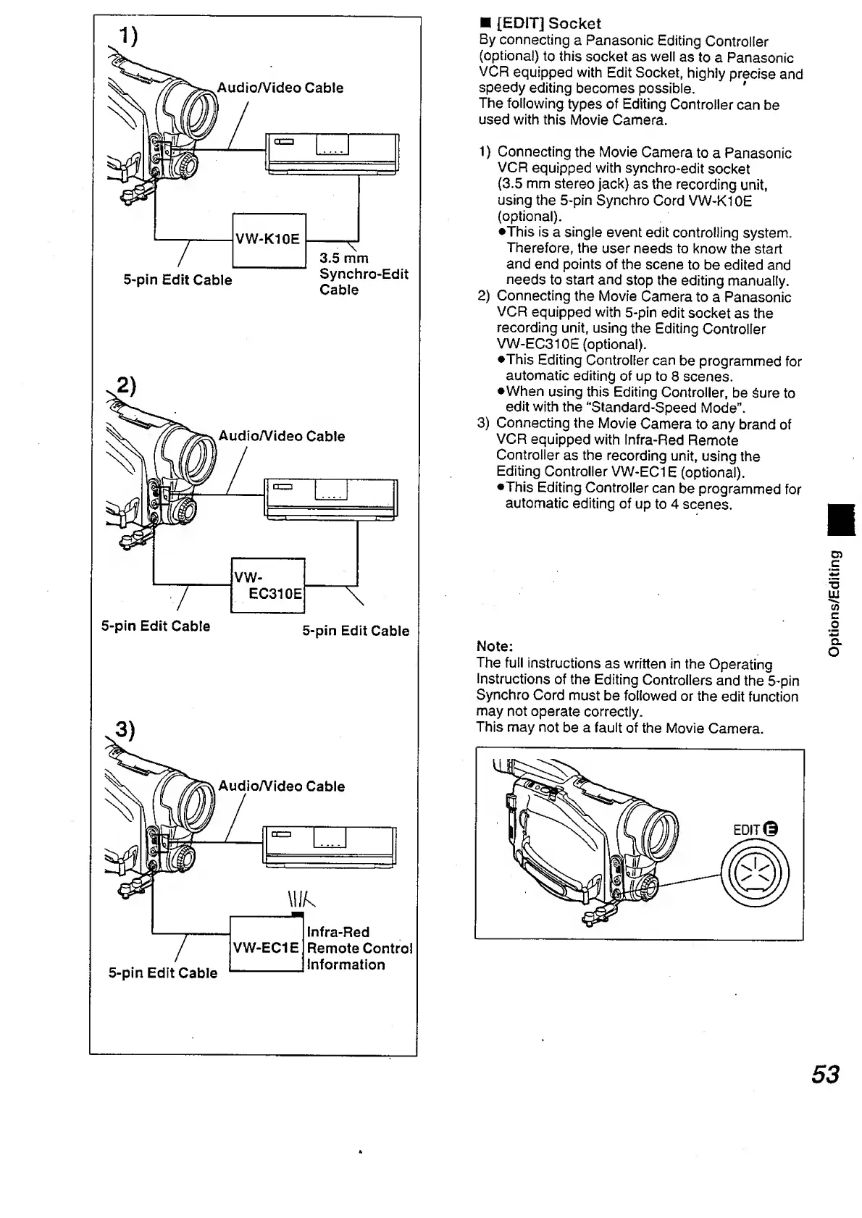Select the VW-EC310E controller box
point(267,585)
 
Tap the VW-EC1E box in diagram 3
point(265,946)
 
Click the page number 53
point(825,1074)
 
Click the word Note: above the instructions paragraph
point(495,646)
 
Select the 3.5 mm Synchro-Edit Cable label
point(363,274)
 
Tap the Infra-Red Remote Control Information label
point(359,948)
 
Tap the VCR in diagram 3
point(330,847)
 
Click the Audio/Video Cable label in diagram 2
point(282,436)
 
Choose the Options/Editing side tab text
point(835,602)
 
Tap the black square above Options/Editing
point(835,520)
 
